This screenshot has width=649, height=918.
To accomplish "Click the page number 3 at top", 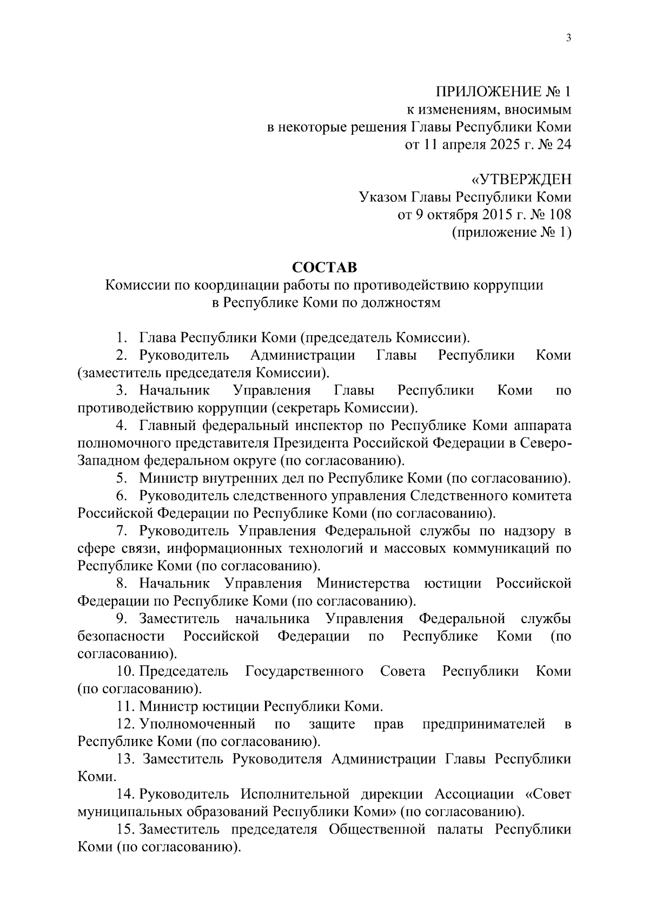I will [568, 37].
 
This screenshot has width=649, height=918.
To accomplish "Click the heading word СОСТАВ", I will [325, 267].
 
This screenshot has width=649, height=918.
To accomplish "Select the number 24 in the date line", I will [562, 145].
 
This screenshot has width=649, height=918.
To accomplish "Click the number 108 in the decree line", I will [559, 215].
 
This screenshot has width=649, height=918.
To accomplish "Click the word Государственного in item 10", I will [304, 671].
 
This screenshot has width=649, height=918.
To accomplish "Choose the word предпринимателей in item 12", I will [484, 724].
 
